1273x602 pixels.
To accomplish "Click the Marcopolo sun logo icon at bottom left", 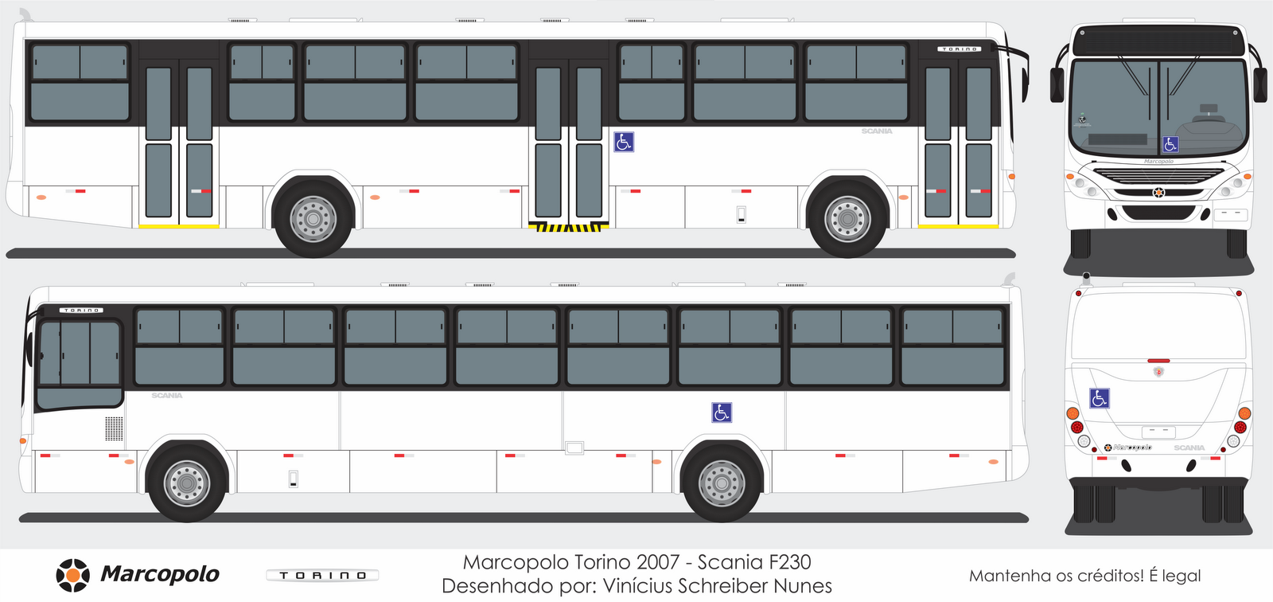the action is tap(72, 575).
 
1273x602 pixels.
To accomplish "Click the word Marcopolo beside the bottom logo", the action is tap(160, 574).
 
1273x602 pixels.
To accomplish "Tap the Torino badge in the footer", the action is tap(322, 575).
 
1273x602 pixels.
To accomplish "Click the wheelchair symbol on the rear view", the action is tap(1099, 398).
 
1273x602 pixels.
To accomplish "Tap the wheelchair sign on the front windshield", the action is tap(1170, 144).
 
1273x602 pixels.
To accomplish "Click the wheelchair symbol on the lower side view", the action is tap(722, 412).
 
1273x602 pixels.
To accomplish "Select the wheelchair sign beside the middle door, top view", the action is tap(624, 143).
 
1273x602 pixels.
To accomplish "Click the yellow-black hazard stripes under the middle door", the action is tap(568, 228).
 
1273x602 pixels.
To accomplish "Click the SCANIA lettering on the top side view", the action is tap(877, 131).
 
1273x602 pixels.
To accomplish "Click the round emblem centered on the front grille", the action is tap(1158, 192).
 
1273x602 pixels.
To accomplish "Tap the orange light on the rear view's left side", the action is tap(1073, 413).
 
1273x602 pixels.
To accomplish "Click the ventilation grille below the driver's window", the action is tap(115, 428).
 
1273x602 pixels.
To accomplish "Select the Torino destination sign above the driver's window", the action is tap(82, 310).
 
